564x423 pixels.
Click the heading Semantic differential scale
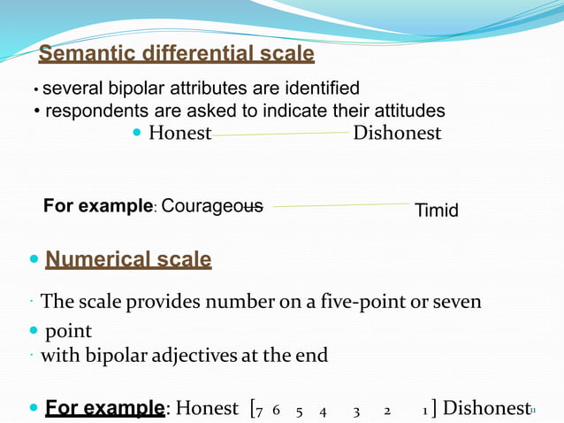pos(176,54)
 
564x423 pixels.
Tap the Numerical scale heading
pos(128,259)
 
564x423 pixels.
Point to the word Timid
pos(437,211)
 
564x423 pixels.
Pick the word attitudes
pos(402,111)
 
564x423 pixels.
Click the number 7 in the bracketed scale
pos(259,411)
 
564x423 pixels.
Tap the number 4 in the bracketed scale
pos(324,411)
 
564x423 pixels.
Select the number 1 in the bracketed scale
pos(425,411)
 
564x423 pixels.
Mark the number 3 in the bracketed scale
pos(356,411)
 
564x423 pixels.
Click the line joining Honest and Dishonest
pos(281,135)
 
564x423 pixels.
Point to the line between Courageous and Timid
pos(340,205)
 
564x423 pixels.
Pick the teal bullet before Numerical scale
pos(34,260)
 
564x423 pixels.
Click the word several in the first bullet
pos(72,88)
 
